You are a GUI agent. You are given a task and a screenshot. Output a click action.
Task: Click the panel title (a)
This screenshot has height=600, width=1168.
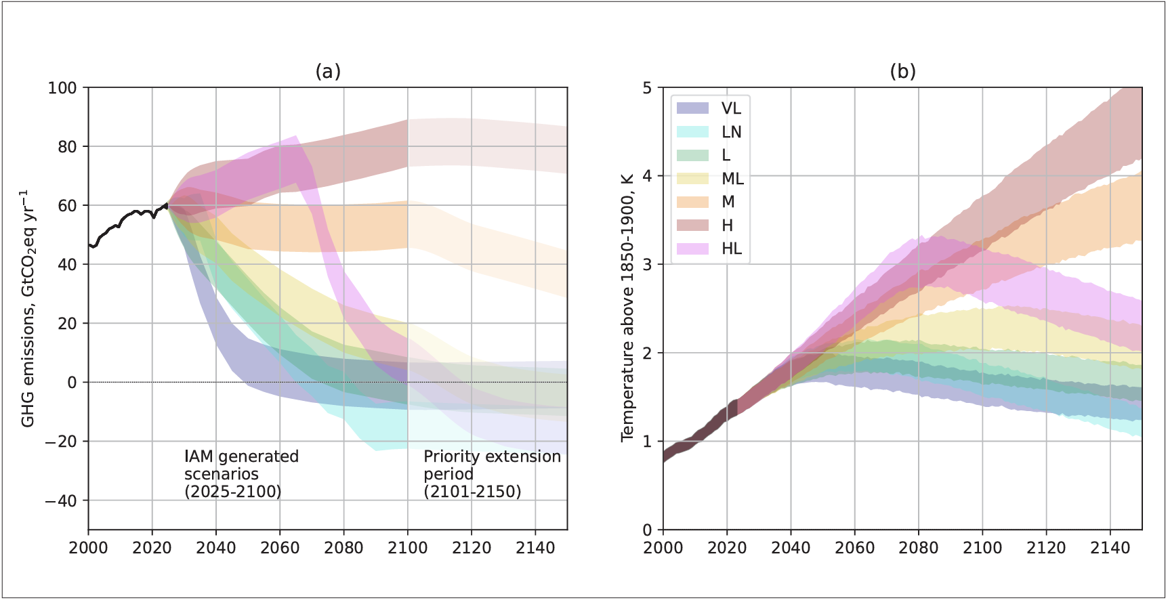328,71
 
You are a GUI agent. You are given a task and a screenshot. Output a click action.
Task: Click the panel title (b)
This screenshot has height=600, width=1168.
902,71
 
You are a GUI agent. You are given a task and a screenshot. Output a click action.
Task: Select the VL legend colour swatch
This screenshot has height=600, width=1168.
692,108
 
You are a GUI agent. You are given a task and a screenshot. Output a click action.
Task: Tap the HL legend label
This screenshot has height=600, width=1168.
732,249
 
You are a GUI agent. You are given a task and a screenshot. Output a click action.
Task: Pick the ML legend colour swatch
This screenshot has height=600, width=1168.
692,179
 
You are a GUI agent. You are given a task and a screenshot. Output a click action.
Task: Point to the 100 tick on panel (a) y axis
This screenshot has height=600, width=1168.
62,88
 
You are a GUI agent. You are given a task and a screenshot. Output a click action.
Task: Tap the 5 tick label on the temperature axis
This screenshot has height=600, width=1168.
648,88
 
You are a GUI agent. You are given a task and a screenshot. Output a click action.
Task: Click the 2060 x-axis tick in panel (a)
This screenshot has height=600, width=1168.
280,547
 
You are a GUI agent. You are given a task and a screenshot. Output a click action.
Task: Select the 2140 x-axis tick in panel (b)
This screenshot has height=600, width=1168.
1110,547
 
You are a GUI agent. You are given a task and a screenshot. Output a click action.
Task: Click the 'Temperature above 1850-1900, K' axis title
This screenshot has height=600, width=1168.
627,307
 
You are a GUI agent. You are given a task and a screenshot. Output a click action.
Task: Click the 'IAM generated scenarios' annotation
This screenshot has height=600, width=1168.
241,474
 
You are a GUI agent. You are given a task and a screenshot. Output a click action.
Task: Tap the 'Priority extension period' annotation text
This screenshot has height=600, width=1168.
492,474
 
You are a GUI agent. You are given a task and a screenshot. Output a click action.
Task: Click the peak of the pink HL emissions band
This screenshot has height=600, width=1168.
295,136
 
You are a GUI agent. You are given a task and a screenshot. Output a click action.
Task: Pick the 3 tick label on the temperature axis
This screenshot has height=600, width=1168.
648,265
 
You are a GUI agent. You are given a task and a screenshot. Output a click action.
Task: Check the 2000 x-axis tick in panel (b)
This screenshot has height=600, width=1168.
663,547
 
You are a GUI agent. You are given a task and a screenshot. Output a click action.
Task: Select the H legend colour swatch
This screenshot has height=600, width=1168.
692,226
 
